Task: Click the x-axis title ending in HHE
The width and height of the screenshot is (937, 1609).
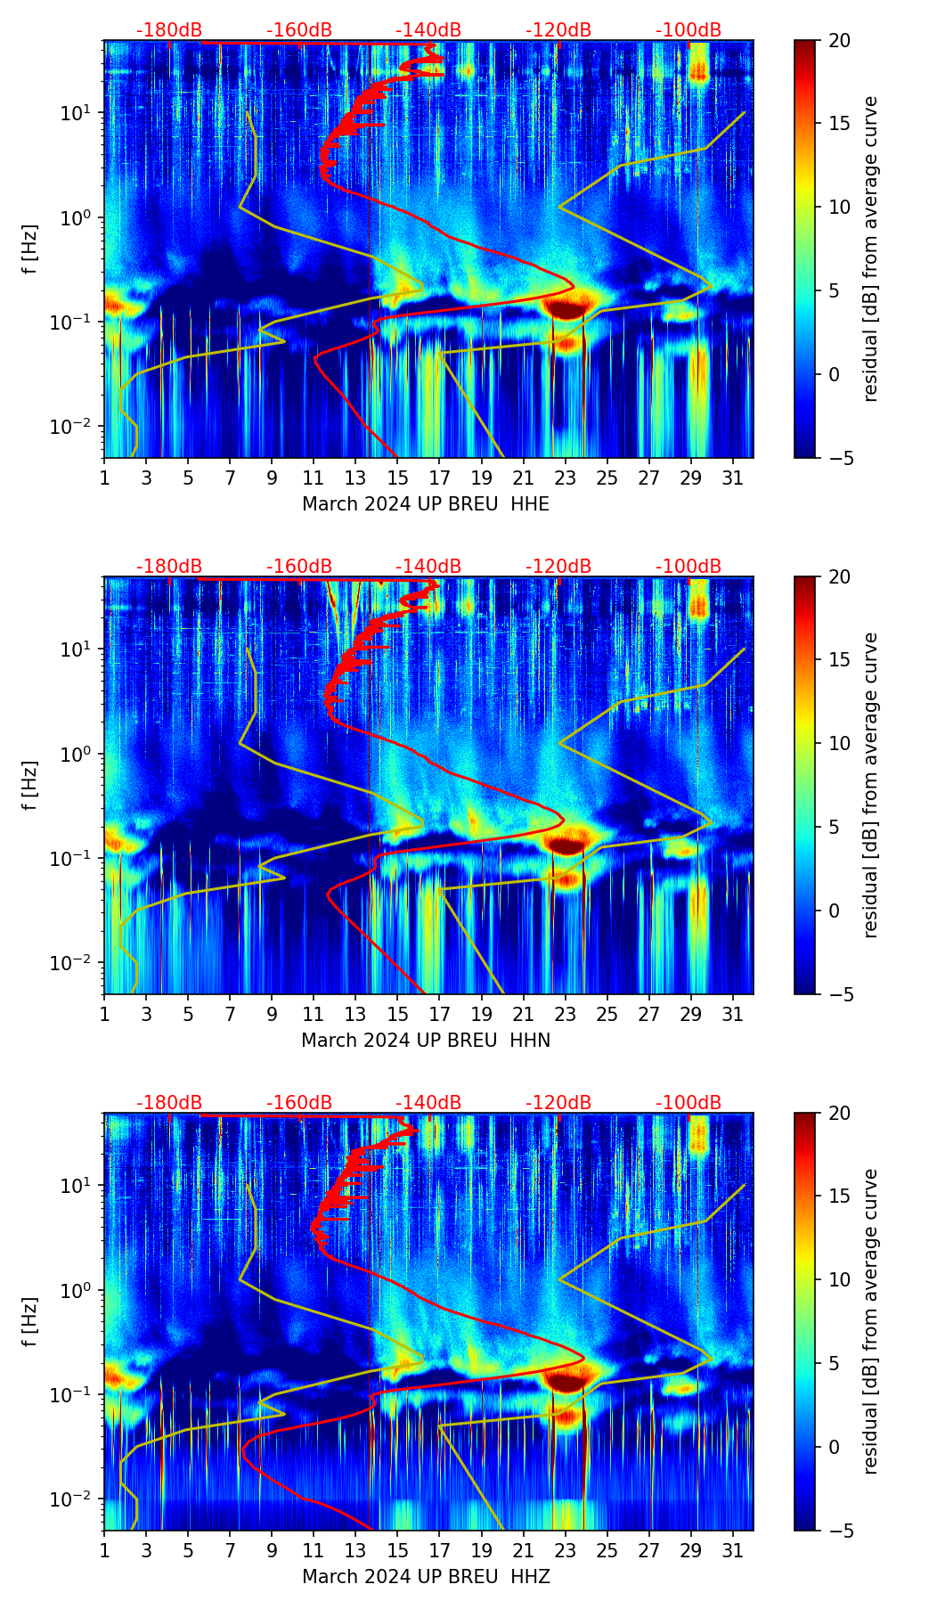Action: point(425,504)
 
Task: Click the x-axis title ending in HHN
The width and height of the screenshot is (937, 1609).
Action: point(425,1041)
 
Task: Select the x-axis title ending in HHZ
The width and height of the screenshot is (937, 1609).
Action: point(425,1577)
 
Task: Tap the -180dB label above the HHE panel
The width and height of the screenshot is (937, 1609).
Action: point(169,30)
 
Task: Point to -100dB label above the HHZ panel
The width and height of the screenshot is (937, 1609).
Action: point(688,1103)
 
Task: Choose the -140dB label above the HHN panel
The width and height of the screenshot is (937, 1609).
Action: point(428,567)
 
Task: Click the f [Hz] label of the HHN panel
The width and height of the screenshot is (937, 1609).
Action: point(30,785)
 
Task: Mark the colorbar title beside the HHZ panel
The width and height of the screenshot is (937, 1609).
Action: point(870,1321)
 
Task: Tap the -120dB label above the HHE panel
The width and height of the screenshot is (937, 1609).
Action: point(558,30)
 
